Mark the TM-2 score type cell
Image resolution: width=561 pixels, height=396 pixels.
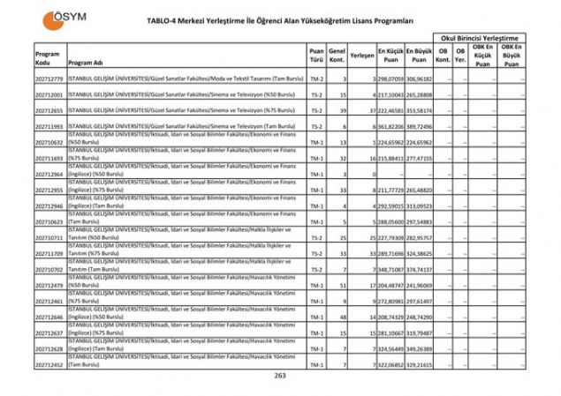click(316, 79)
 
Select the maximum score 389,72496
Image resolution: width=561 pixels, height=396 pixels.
click(419, 127)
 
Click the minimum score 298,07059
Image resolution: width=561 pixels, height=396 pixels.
click(390, 79)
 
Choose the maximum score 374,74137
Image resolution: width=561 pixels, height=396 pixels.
click(419, 269)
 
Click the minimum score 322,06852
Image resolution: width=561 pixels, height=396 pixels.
click(390, 363)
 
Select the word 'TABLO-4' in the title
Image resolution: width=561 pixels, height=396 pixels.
click(176, 19)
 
